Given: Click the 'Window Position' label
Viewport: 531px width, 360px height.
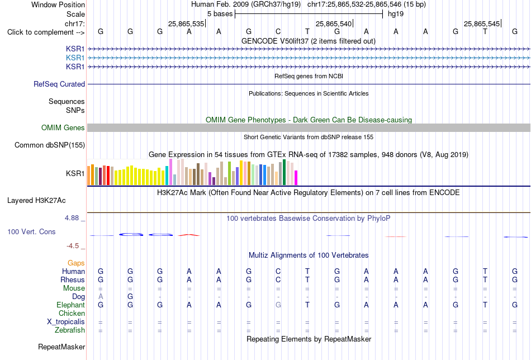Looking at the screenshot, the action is (58, 4).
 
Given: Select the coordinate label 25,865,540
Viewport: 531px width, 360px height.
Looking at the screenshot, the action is (334, 23).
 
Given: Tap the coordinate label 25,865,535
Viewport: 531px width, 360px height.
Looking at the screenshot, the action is (186, 23).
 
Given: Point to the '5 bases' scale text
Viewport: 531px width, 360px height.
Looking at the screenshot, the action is (220, 14).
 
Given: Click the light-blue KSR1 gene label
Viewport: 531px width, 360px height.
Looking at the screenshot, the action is (75, 58).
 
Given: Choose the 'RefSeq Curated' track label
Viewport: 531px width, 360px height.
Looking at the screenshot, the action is (59, 84).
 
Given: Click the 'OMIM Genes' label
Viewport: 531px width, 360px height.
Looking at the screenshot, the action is (63, 127).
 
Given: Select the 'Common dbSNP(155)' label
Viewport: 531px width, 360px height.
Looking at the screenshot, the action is (50, 145).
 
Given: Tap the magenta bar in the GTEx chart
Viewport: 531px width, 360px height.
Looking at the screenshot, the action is (296, 178).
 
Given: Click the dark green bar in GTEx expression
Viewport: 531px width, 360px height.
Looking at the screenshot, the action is (285, 172).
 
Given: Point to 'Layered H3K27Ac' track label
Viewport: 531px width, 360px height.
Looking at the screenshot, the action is (36, 201).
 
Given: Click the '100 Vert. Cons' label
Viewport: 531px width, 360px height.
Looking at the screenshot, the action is (31, 231).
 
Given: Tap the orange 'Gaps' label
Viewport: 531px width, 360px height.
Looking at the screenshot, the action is (76, 263).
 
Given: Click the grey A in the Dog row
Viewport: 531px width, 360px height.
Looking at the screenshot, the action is (101, 297).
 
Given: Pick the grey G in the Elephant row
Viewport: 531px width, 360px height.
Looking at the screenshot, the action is (278, 305).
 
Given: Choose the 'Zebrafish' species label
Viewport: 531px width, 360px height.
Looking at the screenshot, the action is (70, 330).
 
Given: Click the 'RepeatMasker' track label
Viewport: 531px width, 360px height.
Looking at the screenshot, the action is (61, 347).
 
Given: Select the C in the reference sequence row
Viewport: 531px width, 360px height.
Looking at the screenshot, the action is (278, 32).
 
